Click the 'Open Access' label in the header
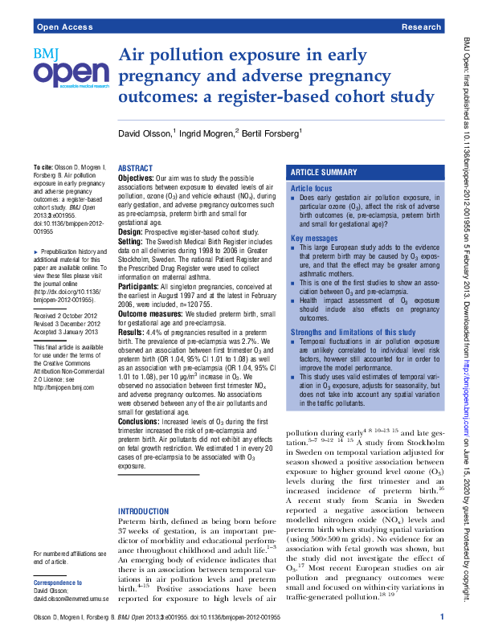pyautogui.click(x=63, y=27)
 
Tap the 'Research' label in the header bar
pyautogui.click(x=421, y=27)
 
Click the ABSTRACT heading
pyautogui.click(x=135, y=168)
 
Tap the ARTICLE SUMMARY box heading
pyautogui.click(x=323, y=173)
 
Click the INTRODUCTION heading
pyautogui.click(x=144, y=511)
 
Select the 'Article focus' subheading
pyautogui.click(x=311, y=188)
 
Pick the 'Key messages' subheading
pyautogui.click(x=314, y=239)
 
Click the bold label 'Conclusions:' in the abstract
pyautogui.click(x=141, y=420)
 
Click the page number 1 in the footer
pyautogui.click(x=442, y=616)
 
